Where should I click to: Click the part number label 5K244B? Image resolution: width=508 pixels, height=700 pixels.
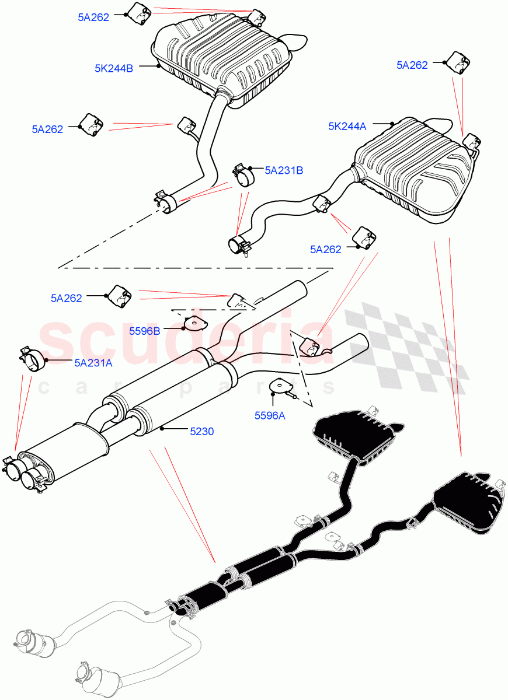tap(114, 68)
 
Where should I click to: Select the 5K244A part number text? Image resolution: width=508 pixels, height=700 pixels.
tap(347, 125)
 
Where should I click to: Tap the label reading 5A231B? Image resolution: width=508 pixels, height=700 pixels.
tap(284, 170)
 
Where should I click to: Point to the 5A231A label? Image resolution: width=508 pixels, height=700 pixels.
tap(93, 362)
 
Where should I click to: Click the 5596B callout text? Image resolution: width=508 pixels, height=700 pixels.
tap(144, 331)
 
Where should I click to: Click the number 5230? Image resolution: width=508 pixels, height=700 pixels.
tap(201, 432)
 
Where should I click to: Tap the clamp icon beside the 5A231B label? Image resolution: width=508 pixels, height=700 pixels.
tap(245, 174)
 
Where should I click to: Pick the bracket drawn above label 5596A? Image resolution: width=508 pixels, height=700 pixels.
tap(282, 386)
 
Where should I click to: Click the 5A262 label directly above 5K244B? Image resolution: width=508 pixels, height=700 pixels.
tap(93, 17)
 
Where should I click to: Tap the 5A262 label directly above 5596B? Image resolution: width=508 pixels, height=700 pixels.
tap(66, 298)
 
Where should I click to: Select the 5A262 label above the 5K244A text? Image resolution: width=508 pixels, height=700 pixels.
tap(412, 65)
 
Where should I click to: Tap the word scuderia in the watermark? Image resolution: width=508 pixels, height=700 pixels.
tap(181, 341)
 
